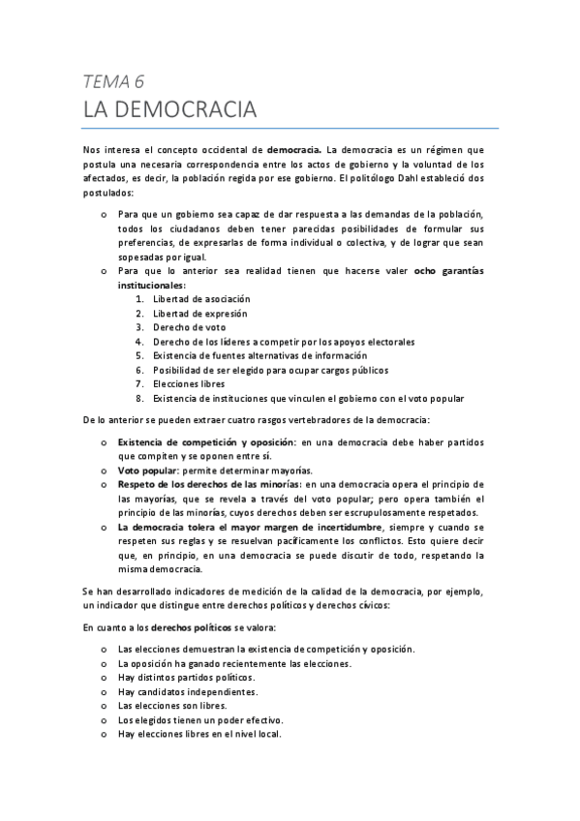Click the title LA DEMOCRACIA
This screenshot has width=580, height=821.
[169, 109]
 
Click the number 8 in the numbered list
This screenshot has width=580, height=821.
[139, 398]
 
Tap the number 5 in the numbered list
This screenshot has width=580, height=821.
[139, 355]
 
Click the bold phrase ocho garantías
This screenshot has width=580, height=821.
[449, 271]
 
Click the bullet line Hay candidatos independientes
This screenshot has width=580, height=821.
[187, 691]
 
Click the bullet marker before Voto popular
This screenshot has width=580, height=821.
[105, 469]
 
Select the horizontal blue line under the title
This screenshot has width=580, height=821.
[290, 128]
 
